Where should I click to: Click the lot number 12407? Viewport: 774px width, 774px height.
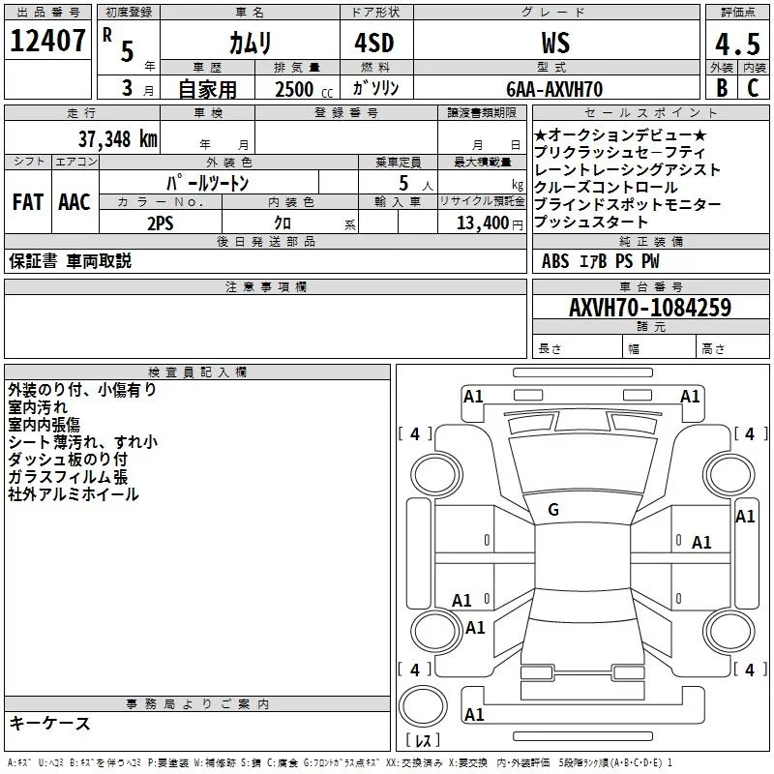pos(48,42)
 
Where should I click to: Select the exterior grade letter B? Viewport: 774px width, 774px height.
pos(721,87)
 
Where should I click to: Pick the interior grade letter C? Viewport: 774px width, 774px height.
pos(754,87)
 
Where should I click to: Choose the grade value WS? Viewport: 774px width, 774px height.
pos(554,44)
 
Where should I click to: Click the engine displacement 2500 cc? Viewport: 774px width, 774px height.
pos(301,89)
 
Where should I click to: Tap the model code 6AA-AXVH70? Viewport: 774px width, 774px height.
pos(554,89)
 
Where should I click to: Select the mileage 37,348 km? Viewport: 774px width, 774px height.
pos(117,138)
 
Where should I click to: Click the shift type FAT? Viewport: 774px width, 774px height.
pos(27,202)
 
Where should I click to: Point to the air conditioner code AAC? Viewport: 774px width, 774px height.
pos(74,202)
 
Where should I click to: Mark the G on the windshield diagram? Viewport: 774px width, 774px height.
pos(553,510)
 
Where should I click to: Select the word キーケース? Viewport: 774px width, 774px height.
pos(49,723)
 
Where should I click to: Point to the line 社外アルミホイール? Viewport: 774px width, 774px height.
pos(74,494)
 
